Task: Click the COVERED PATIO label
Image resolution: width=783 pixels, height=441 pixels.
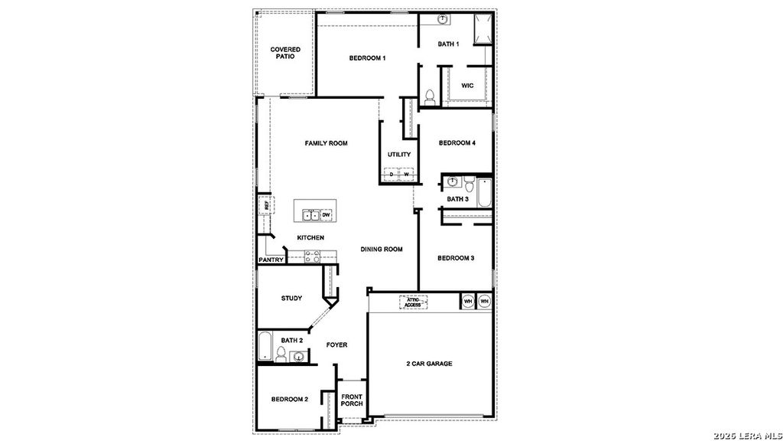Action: (x=285, y=53)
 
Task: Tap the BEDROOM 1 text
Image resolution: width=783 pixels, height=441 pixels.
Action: (x=367, y=58)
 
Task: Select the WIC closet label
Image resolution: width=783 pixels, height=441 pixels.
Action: (x=467, y=86)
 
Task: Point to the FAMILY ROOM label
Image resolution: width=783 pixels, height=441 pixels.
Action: (x=326, y=143)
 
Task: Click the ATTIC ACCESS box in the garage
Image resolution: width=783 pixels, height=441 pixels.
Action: (x=413, y=302)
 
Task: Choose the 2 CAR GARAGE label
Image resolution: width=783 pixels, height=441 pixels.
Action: (x=428, y=364)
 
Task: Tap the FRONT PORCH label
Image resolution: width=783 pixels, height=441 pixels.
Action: (x=352, y=400)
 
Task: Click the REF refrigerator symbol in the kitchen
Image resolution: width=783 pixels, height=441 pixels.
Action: (x=267, y=205)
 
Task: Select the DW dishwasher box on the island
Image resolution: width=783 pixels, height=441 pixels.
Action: (x=326, y=214)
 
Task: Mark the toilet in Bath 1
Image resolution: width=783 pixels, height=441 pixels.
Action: (x=429, y=96)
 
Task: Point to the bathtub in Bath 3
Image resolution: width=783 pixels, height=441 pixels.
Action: (x=484, y=193)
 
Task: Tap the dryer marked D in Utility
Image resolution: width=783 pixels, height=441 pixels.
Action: (x=391, y=175)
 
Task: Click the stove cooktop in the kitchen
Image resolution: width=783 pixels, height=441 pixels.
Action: (x=312, y=256)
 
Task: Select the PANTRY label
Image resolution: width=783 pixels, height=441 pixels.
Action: (x=271, y=260)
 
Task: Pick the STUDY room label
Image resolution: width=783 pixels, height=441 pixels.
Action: (x=291, y=299)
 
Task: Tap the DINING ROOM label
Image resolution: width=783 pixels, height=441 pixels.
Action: (x=382, y=249)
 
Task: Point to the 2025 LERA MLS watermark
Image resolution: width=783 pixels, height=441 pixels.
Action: (x=746, y=435)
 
